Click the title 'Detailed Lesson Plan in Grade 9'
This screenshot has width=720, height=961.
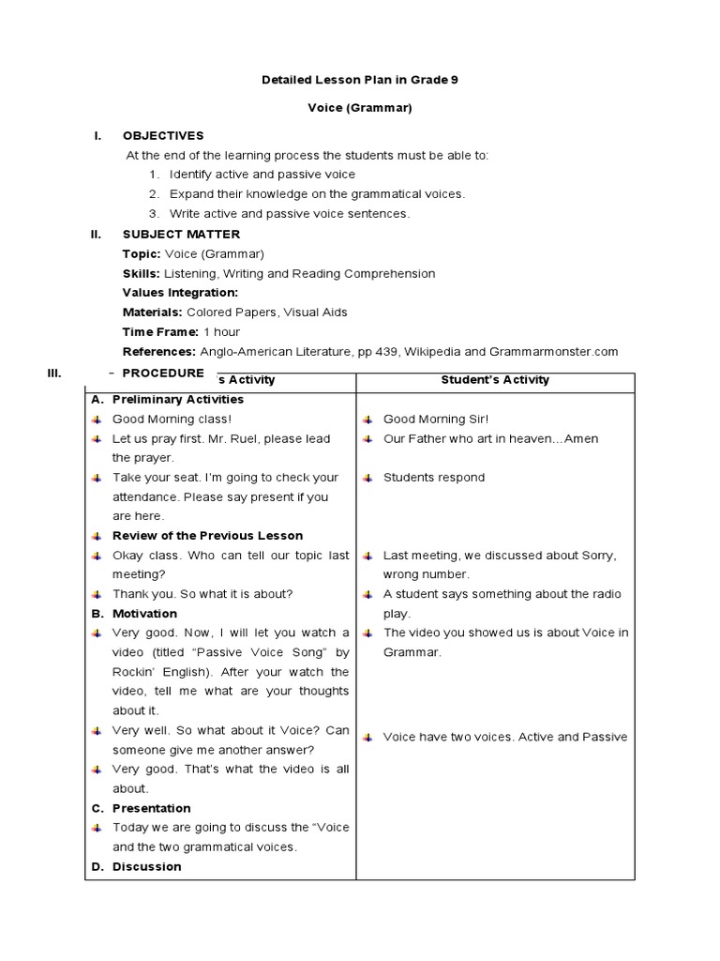click(x=360, y=81)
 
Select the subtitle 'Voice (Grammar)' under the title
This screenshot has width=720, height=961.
click(x=360, y=108)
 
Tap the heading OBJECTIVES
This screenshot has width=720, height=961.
click(x=163, y=136)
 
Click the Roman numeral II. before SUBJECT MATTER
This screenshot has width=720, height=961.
click(x=96, y=235)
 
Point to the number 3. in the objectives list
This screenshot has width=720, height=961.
click(x=154, y=214)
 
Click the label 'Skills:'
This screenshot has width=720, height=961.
click(x=142, y=274)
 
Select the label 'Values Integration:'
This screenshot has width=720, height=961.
click(x=180, y=293)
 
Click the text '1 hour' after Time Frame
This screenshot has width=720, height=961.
click(x=221, y=332)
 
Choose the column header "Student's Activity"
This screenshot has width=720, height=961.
click(x=495, y=380)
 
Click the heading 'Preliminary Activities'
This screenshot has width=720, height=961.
click(x=178, y=400)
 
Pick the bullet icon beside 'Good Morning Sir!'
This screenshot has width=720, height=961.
click(x=369, y=419)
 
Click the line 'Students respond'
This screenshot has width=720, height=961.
click(x=434, y=478)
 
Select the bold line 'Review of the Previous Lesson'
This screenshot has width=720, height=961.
click(x=207, y=536)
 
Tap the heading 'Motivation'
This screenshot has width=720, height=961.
click(x=144, y=614)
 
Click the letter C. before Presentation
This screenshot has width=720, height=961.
click(x=97, y=808)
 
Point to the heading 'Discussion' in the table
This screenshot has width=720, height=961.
click(x=146, y=866)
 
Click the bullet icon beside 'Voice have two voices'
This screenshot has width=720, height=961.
click(x=369, y=737)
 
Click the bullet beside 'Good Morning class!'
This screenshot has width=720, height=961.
click(x=97, y=419)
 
